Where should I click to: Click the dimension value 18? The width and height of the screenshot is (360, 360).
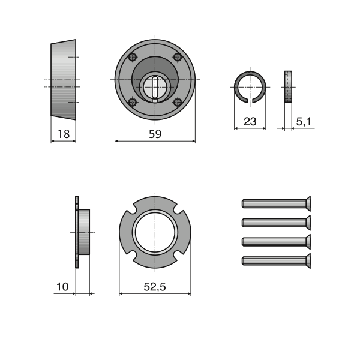pos(64,134)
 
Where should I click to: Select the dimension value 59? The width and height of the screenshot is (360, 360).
pos(155,134)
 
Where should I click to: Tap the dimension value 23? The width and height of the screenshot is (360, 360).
pos(250,121)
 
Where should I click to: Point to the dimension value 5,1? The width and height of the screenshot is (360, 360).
pos(304,121)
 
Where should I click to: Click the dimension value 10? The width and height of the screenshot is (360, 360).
pos(62,287)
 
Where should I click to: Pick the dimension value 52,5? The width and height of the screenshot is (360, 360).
pos(155,287)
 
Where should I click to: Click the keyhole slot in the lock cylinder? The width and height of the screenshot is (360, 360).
pos(155,87)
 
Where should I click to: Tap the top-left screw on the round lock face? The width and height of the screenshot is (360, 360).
pos(133,57)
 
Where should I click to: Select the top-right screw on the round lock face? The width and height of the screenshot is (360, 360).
pos(178,57)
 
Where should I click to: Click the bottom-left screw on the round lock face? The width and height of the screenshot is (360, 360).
pos(133,102)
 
